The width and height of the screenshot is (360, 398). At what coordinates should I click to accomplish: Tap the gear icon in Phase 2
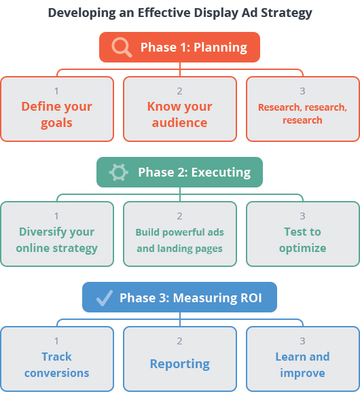pos(119,173)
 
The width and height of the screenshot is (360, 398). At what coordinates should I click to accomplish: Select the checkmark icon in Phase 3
pos(105,298)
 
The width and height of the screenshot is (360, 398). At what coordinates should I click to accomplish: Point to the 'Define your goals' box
pos(57,109)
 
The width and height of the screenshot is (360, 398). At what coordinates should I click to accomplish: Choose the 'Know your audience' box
pos(180,109)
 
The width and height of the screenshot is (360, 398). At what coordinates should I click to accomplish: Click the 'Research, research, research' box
pos(303,109)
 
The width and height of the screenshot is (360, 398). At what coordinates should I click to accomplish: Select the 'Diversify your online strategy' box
pos(57,234)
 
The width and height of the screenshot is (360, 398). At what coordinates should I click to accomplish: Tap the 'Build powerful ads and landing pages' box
pos(180,234)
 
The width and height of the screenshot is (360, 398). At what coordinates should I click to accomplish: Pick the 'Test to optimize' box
pos(303,234)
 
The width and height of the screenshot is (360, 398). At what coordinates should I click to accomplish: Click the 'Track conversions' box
pos(57,359)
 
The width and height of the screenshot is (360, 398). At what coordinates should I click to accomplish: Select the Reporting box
pos(180,359)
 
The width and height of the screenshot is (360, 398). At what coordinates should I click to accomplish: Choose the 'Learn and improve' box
pos(303,359)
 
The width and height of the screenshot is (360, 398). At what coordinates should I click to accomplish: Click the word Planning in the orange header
pos(220,48)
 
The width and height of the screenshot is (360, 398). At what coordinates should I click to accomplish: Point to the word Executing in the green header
pos(221,173)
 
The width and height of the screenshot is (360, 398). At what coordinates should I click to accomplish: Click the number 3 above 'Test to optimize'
pos(302,216)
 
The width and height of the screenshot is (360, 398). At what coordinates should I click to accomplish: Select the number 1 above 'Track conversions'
pos(56,341)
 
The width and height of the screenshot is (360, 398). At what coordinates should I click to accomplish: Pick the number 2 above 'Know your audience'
pos(179,91)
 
